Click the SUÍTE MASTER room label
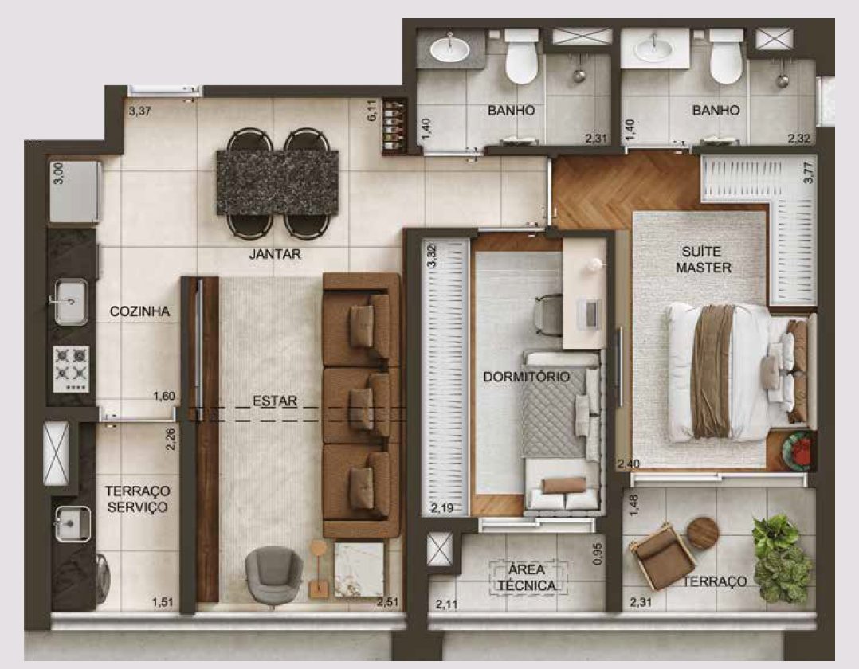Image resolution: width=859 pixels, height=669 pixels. tap(703, 260)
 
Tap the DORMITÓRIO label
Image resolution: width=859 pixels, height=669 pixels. tap(527, 377)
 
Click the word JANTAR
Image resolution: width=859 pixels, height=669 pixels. tap(275, 254)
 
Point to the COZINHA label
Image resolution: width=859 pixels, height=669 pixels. tap(139, 311)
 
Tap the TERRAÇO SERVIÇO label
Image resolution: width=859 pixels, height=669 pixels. tap(138, 499)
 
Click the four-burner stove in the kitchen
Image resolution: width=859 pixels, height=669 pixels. tap(71, 369)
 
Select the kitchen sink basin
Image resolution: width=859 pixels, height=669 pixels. tap(71, 302)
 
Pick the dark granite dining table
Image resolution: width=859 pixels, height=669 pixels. tap(277, 182)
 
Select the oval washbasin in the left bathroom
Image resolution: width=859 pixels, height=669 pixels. tap(449, 50)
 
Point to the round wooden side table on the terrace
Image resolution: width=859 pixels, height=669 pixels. tap(702, 533)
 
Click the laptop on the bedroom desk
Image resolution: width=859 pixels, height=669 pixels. tap(590, 313)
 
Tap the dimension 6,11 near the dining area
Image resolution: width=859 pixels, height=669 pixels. tap(372, 109)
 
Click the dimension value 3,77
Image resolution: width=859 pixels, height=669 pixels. tap(809, 172)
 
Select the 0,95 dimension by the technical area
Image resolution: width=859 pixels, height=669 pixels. tap(598, 554)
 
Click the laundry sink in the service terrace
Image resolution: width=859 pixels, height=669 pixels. tap(73, 522)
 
